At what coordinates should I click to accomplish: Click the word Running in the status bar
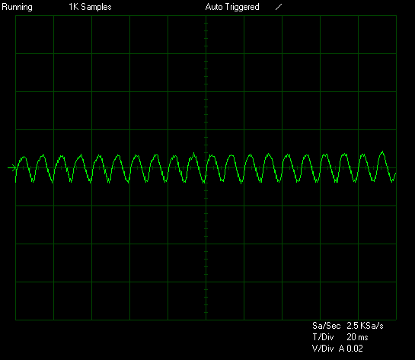17,7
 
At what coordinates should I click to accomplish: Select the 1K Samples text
90,7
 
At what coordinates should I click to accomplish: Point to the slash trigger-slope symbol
279,7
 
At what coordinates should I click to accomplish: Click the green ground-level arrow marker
12,167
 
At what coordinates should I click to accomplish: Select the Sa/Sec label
326,326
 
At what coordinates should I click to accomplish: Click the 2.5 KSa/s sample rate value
365,326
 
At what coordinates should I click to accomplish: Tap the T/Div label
323,337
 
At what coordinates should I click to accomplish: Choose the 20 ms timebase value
357,337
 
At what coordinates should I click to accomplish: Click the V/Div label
323,349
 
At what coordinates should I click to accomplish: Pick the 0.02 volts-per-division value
355,349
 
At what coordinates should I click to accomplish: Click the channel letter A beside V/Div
341,349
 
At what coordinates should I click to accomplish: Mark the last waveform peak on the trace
382,151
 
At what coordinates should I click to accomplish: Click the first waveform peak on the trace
24,157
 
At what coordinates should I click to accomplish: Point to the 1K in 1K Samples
74,7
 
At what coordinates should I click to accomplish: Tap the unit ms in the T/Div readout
363,338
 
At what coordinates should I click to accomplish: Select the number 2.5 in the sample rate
353,326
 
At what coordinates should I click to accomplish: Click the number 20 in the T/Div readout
351,337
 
